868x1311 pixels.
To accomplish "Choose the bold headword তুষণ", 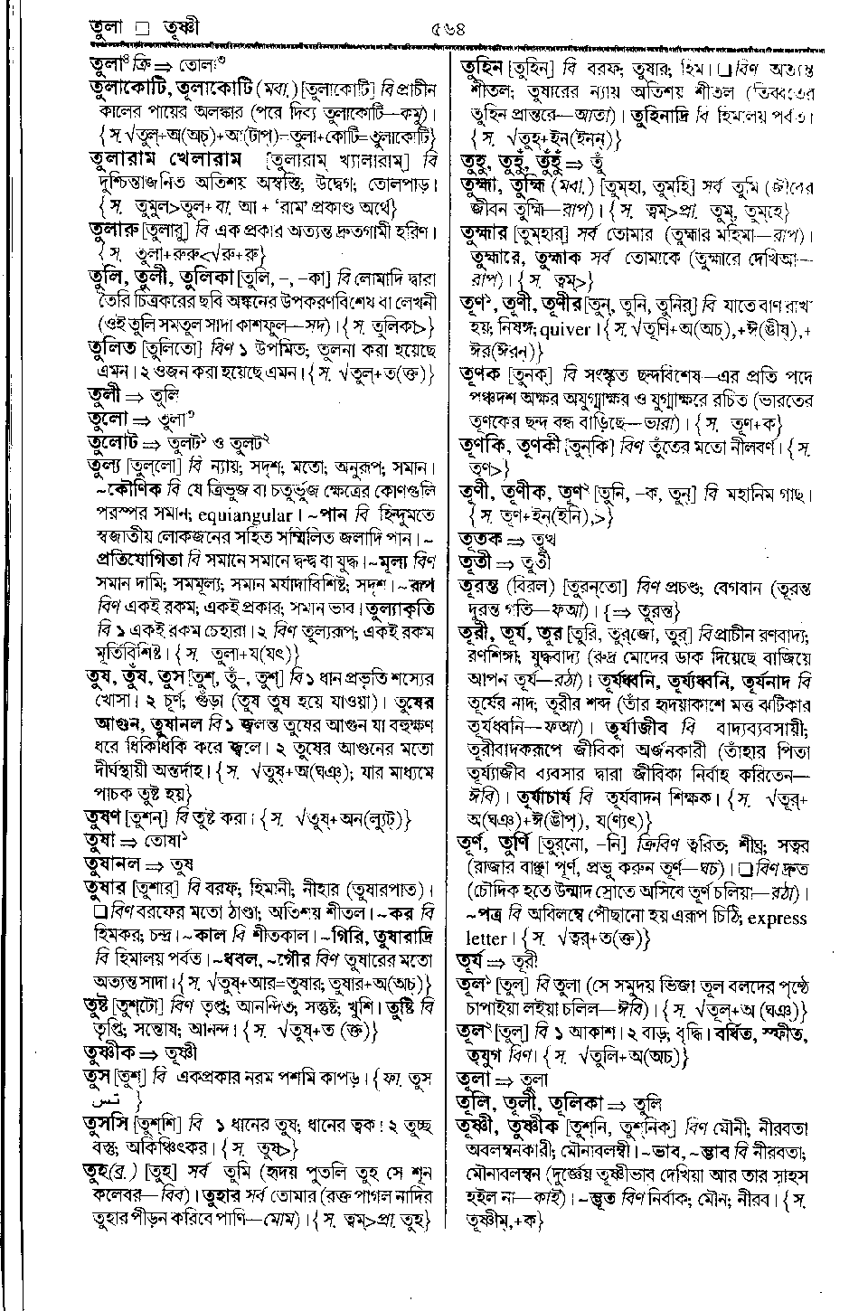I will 106,818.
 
